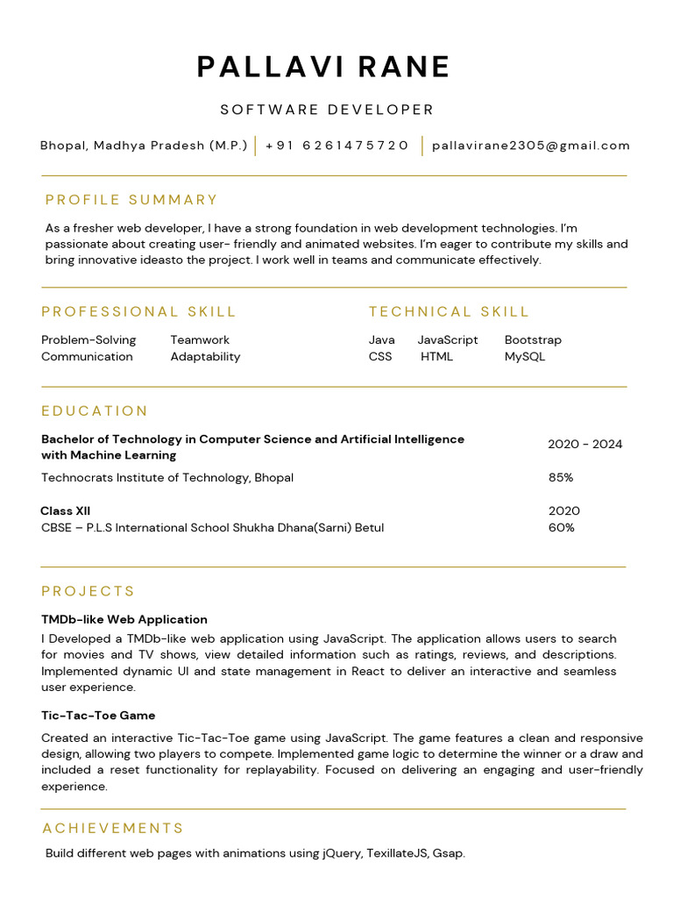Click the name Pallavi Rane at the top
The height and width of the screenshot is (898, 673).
(323, 68)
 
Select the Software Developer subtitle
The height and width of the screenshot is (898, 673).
(327, 110)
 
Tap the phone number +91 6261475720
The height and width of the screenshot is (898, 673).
(337, 146)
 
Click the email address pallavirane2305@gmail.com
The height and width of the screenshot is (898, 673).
(531, 146)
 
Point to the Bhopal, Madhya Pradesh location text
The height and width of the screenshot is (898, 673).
(144, 146)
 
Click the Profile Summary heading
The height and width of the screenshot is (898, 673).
(131, 200)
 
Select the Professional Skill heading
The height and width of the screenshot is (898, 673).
(138, 311)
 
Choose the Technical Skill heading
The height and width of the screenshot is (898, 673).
(449, 311)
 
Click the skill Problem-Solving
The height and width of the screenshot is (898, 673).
(89, 339)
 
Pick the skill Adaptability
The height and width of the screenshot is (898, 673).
(205, 356)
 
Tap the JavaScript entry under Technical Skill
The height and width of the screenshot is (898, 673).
(448, 339)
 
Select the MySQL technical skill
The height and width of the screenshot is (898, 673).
(525, 356)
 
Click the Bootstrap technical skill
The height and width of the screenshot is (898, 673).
(533, 339)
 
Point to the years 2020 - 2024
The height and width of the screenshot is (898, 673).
(584, 444)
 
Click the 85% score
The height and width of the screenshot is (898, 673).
(561, 477)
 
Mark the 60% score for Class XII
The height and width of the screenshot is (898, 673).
(562, 527)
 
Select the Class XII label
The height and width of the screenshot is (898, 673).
(66, 510)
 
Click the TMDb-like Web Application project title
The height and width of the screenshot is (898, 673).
(124, 619)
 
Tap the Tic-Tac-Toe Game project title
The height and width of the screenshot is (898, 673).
(98, 716)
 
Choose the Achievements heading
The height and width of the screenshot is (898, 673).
(113, 829)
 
